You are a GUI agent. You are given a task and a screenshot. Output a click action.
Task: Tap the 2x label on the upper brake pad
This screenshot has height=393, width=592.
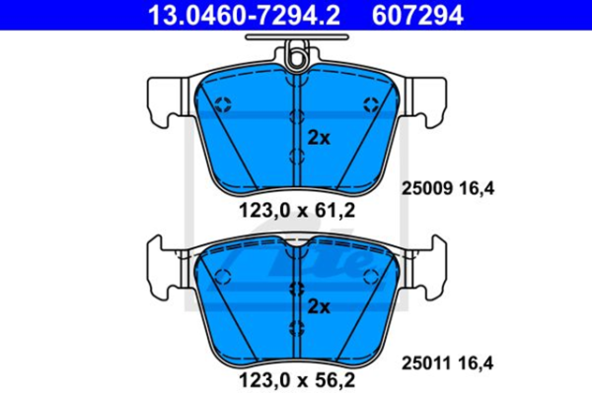click(318, 136)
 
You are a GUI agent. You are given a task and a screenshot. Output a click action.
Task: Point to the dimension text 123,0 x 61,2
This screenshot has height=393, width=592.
click(294, 210)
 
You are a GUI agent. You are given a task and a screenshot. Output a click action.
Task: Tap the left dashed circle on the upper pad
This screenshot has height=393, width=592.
click(222, 104)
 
